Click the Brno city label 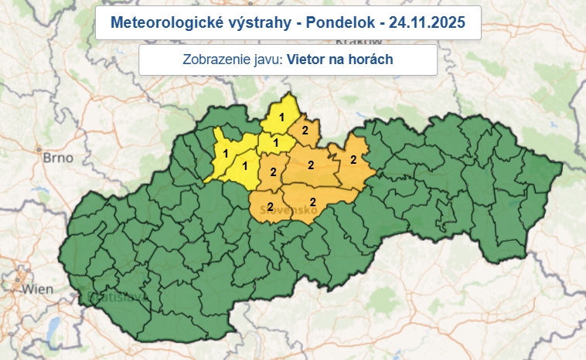[57, 158]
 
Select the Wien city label [38, 289]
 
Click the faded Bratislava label [107, 295]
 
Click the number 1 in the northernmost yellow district [281, 117]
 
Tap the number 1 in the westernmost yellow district [225, 153]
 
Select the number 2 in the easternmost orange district [353, 160]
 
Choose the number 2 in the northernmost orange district [305, 130]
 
